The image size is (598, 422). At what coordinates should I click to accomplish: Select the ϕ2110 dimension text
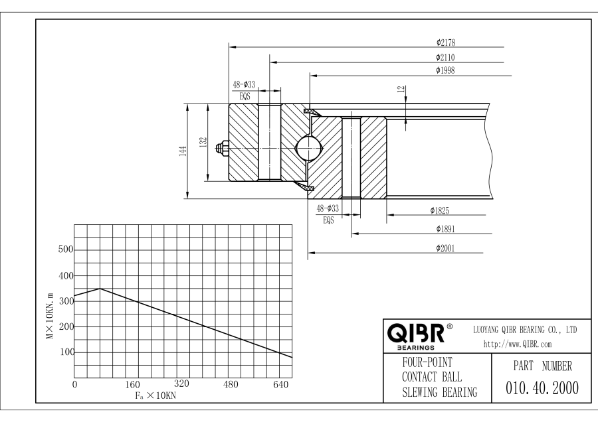click(x=445, y=58)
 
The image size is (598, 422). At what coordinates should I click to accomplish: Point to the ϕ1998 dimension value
click(x=445, y=70)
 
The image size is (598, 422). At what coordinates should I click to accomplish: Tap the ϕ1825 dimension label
click(x=439, y=211)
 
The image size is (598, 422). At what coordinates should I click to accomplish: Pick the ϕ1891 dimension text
click(x=445, y=229)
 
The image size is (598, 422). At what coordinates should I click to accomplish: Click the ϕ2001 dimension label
click(x=445, y=247)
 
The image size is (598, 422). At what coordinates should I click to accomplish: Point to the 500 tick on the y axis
click(x=65, y=250)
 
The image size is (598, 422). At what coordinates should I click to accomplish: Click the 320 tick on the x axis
click(x=181, y=384)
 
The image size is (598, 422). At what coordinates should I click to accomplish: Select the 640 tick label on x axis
click(x=281, y=384)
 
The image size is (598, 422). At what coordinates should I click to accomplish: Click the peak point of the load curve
click(x=100, y=289)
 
